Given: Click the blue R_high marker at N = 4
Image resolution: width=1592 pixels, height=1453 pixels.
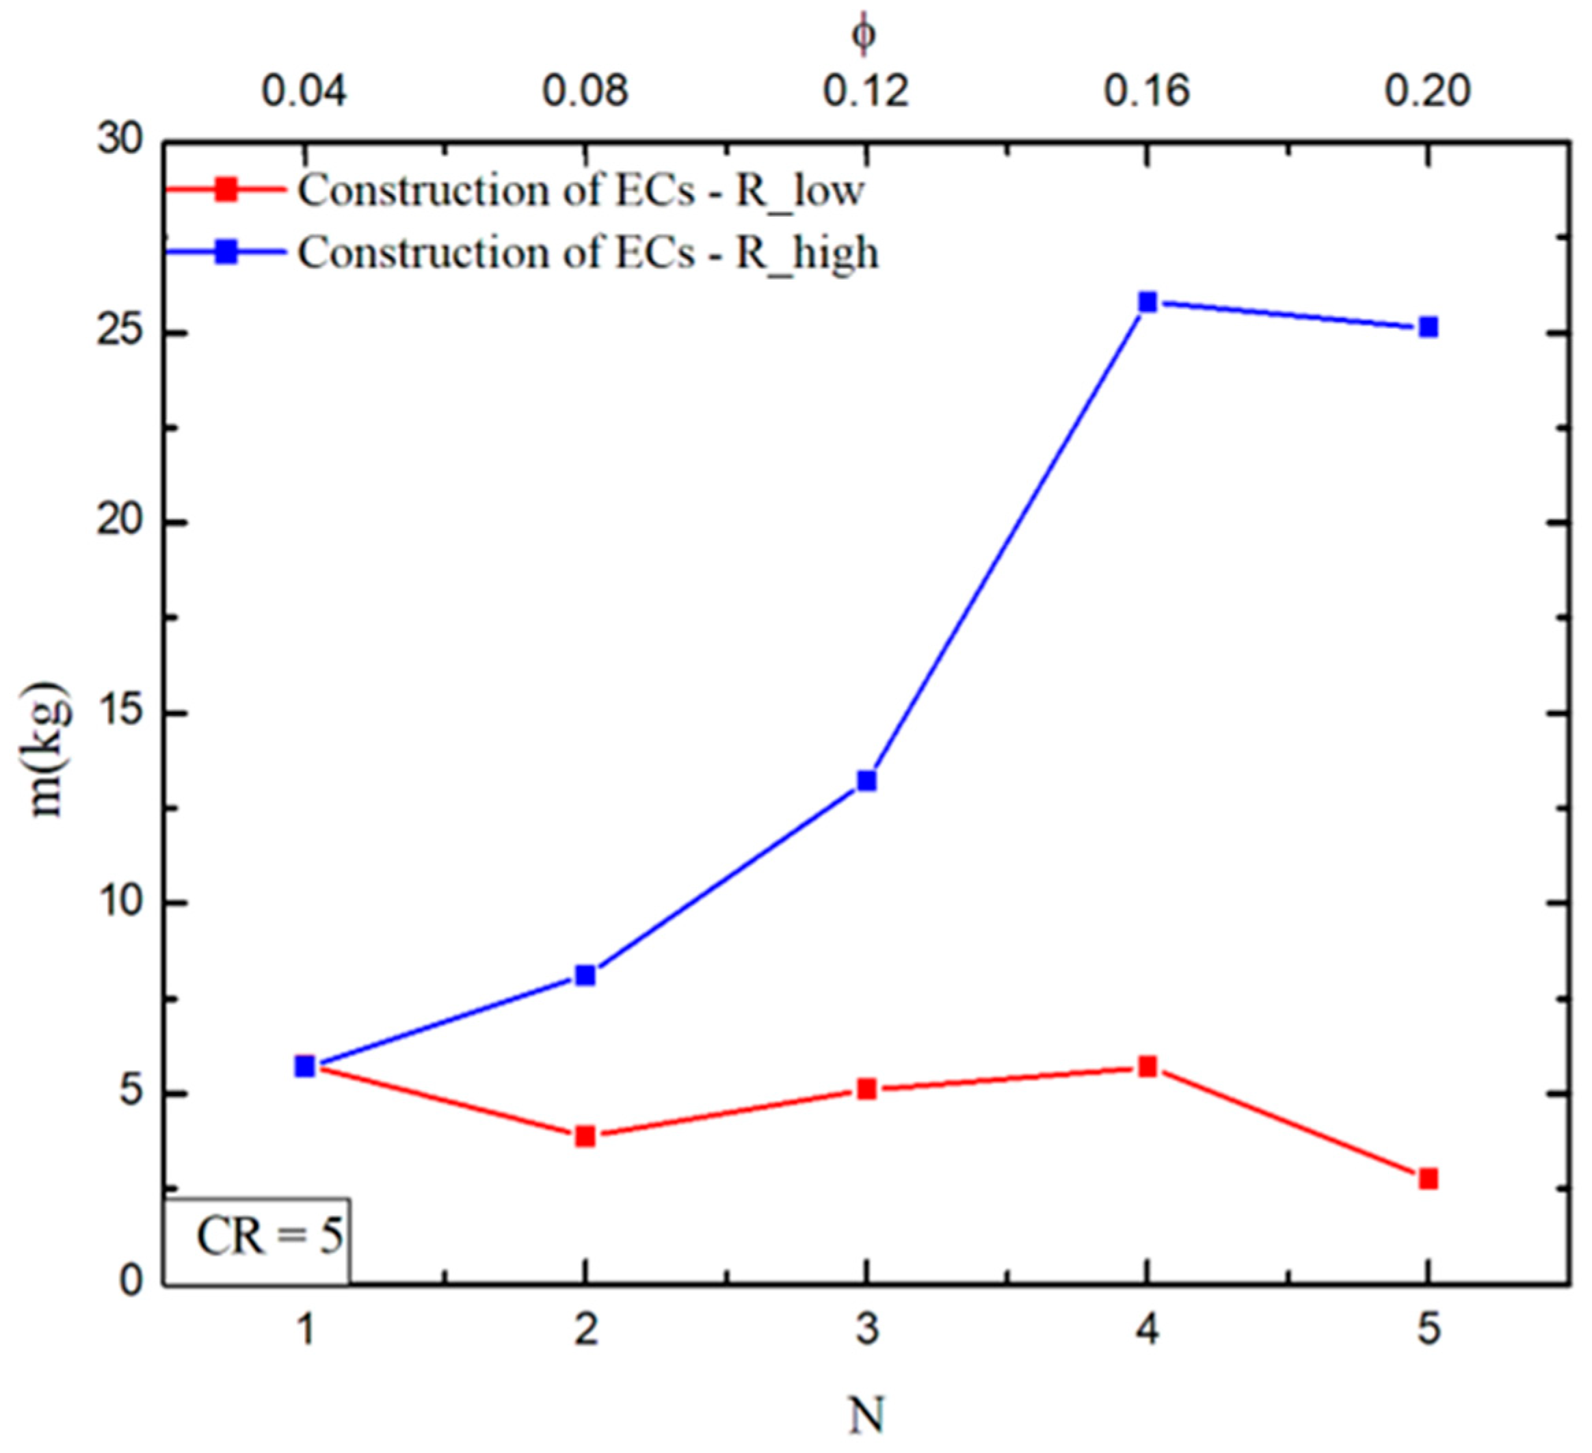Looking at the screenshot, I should click(1147, 302).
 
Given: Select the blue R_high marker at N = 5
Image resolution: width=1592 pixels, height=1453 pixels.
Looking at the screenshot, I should click(1428, 327).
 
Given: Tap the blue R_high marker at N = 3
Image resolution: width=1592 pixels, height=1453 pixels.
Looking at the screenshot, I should click(866, 781).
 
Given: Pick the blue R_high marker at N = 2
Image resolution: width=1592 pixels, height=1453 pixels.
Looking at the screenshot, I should click(585, 976).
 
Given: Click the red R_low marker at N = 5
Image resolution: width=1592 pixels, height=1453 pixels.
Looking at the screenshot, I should click(1428, 1179).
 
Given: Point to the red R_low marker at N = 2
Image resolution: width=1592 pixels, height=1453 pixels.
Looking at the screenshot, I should click(585, 1137).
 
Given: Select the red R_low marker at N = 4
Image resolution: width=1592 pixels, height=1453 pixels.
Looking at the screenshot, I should click(1147, 1067).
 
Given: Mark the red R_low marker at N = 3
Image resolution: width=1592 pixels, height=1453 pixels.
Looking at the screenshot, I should click(866, 1090).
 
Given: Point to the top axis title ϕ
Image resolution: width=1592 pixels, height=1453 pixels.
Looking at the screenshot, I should click(863, 34).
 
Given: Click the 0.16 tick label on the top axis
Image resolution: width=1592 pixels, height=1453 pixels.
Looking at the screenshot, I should click(1147, 92).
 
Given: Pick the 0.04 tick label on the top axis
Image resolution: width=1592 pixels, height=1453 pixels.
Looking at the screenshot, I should click(304, 92).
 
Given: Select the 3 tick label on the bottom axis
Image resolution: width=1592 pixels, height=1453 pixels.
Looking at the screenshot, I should click(866, 1331).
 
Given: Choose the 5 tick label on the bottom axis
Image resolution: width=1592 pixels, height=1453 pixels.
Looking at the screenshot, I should click(1428, 1331).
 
